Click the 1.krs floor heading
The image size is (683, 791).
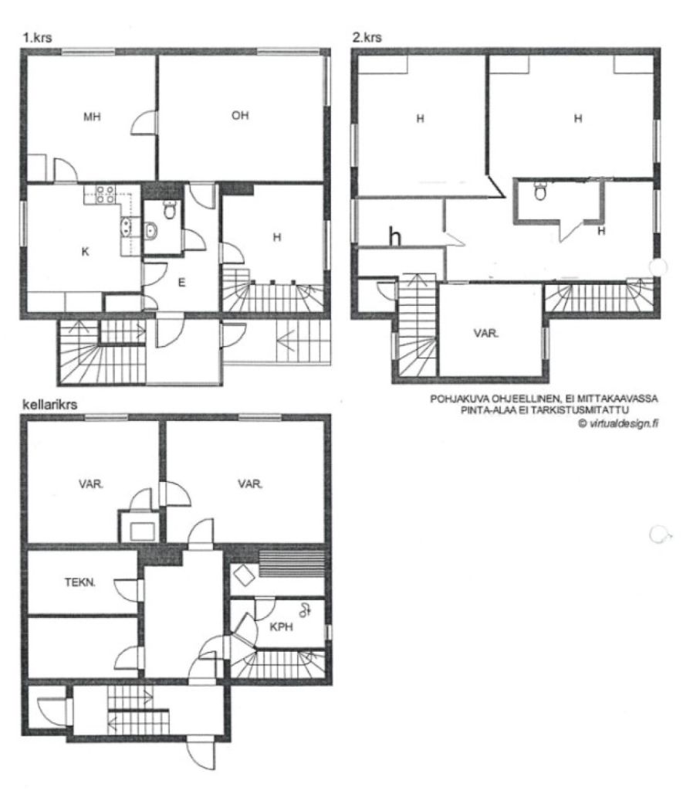[37, 37]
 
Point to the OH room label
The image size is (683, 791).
[240, 116]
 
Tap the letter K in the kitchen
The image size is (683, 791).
[85, 251]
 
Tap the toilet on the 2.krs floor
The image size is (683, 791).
[540, 191]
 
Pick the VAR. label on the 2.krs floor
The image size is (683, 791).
[487, 335]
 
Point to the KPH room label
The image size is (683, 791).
[281, 628]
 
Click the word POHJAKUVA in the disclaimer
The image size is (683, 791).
[458, 399]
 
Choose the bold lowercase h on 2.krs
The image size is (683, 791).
[394, 236]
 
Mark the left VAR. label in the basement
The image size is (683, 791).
[90, 485]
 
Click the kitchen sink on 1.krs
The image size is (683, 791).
[125, 226]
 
